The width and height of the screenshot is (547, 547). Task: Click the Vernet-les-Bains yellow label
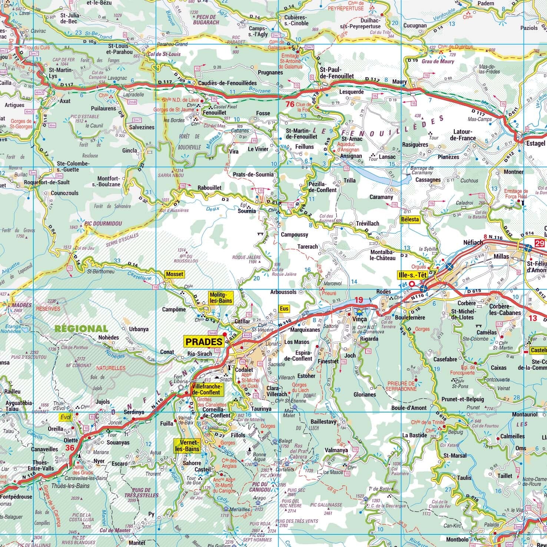[x=187, y=446]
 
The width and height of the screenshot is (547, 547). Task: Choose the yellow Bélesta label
[x=410, y=219]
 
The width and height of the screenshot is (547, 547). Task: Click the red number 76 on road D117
[x=289, y=104]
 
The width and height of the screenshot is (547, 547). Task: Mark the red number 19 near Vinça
[x=358, y=299]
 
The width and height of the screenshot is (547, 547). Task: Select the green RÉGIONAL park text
[x=81, y=328]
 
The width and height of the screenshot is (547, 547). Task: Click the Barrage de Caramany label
[x=421, y=170]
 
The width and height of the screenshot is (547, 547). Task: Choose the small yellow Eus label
[x=284, y=308]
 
